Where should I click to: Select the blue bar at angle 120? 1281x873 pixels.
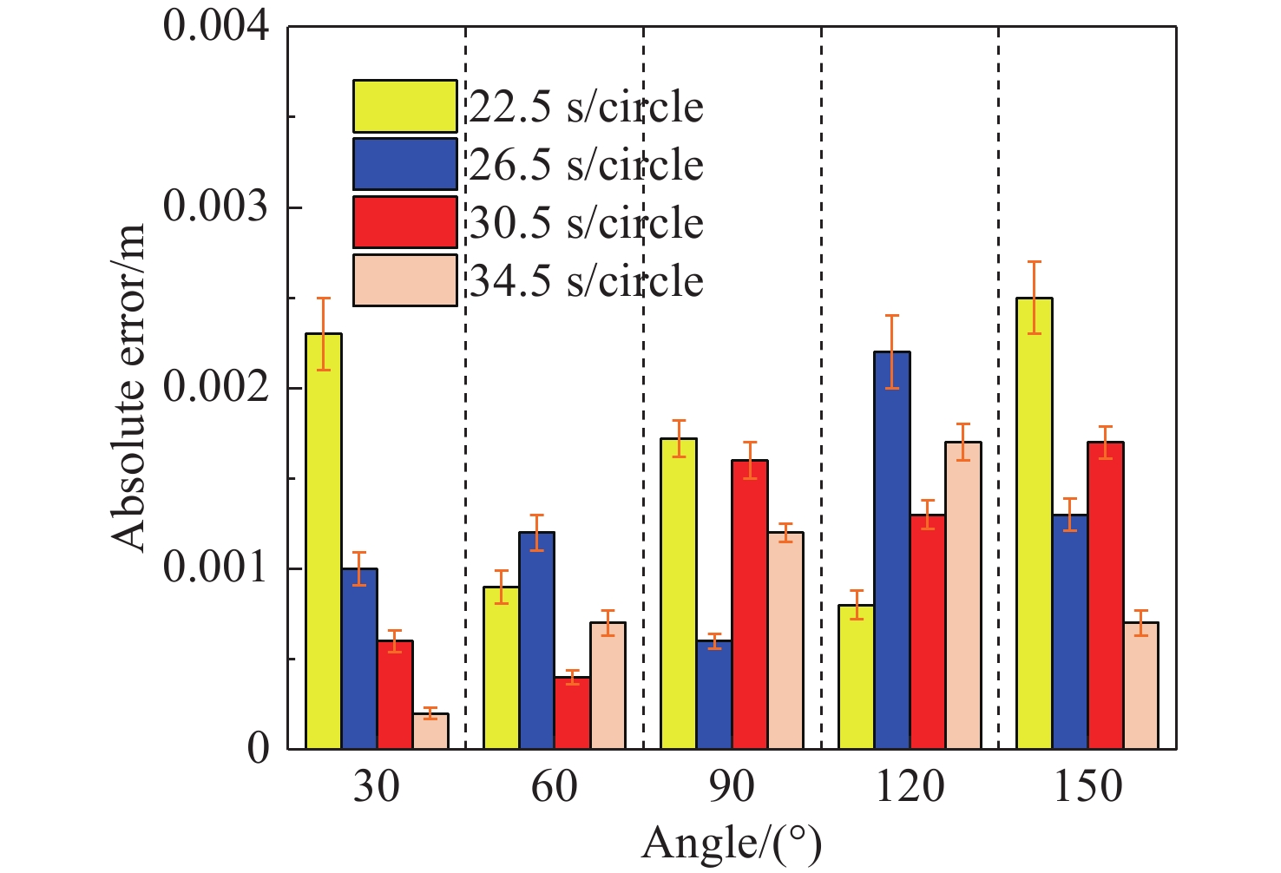[x=892, y=550]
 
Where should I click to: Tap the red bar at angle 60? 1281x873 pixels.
[x=572, y=712]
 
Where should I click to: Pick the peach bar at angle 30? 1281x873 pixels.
[x=430, y=731]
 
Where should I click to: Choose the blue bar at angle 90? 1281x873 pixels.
[x=714, y=694]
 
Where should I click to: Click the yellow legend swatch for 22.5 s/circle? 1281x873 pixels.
[x=404, y=106]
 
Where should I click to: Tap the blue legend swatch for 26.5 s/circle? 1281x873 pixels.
[x=404, y=164]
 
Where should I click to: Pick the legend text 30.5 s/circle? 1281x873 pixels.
[x=587, y=223]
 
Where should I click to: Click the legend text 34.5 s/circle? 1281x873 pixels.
[x=587, y=281]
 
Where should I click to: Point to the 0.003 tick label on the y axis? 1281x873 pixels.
[x=216, y=208]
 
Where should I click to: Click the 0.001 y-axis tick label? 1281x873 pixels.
[x=216, y=569]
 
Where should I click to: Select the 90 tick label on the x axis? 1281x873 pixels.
[x=732, y=787]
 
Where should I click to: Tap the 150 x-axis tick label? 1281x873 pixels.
[x=1087, y=787]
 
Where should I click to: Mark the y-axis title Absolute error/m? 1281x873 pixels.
[x=129, y=388]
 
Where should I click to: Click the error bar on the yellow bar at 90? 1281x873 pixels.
[x=679, y=438]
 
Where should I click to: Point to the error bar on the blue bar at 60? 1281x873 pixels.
[x=536, y=532]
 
